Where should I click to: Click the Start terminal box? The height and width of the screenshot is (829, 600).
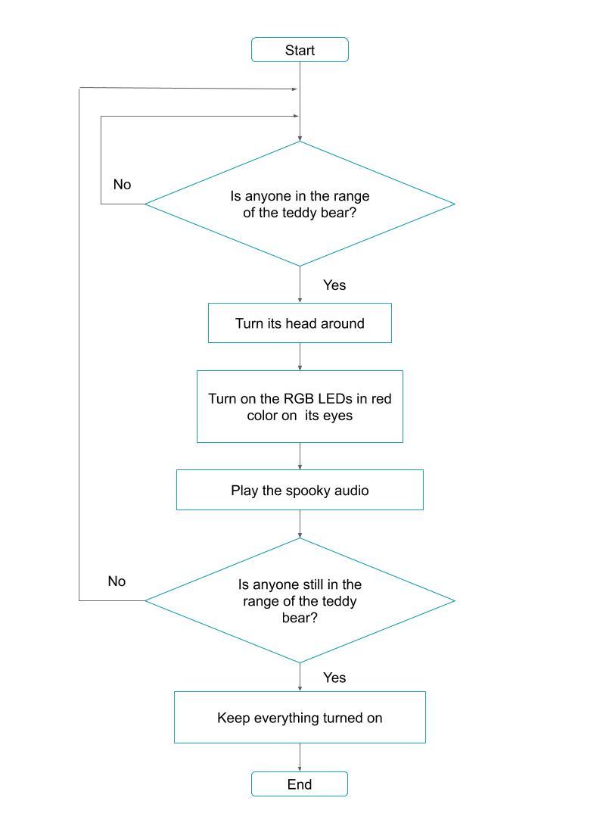pos(300,50)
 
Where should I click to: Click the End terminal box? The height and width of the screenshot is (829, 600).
pos(300,784)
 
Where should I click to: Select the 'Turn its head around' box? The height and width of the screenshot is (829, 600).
pos(300,323)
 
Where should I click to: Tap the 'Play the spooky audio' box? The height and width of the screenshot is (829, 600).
pos(300,491)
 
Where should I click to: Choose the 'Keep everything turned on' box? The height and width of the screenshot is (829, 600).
pos(300,718)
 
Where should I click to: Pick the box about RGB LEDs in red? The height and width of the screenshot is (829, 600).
pos(300,407)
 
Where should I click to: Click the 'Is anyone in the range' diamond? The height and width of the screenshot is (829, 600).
pos(300,204)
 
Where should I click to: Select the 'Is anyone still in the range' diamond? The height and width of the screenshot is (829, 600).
pos(300,601)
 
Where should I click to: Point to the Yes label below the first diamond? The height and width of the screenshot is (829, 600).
pos(334,285)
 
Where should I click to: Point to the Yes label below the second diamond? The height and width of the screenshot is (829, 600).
pos(334,678)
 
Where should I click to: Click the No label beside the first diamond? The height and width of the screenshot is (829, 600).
pos(122,185)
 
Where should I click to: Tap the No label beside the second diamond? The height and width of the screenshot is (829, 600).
pos(117,581)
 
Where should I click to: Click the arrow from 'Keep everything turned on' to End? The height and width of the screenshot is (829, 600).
pos(300,757)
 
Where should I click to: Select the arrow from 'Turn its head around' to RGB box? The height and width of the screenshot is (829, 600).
pos(300,357)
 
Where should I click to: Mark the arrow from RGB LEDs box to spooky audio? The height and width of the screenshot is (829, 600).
pos(300,457)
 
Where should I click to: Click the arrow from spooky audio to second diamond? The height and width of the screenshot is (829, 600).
pos(300,524)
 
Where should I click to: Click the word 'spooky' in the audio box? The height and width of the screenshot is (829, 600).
pos(306,491)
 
